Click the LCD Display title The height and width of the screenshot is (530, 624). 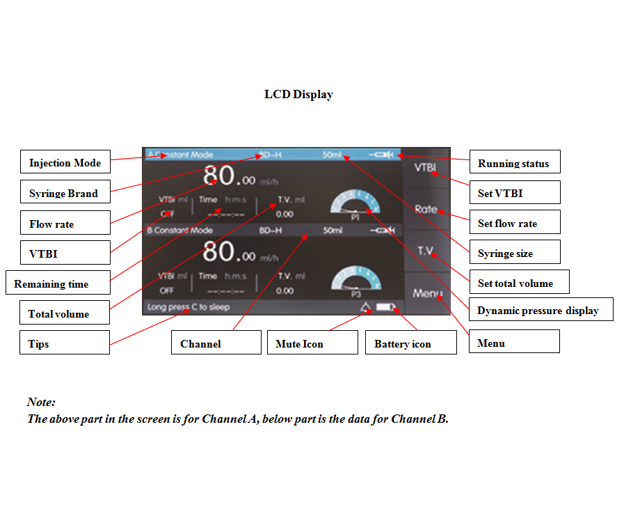pyautogui.click(x=298, y=95)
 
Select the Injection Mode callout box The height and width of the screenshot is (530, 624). pyautogui.click(x=65, y=163)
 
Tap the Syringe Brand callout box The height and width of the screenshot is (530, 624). pyautogui.click(x=65, y=194)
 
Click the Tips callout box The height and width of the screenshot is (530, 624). pyautogui.click(x=65, y=343)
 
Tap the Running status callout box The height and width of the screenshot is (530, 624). pyautogui.click(x=514, y=164)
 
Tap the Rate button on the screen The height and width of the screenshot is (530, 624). pyautogui.click(x=426, y=209)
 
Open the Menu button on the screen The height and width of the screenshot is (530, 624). pyautogui.click(x=426, y=293)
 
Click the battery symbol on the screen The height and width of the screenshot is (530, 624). pyautogui.click(x=385, y=307)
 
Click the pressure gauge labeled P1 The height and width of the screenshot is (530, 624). pyautogui.click(x=355, y=204)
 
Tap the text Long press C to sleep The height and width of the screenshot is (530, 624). pyautogui.click(x=189, y=307)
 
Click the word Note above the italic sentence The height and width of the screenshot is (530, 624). pyautogui.click(x=41, y=402)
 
